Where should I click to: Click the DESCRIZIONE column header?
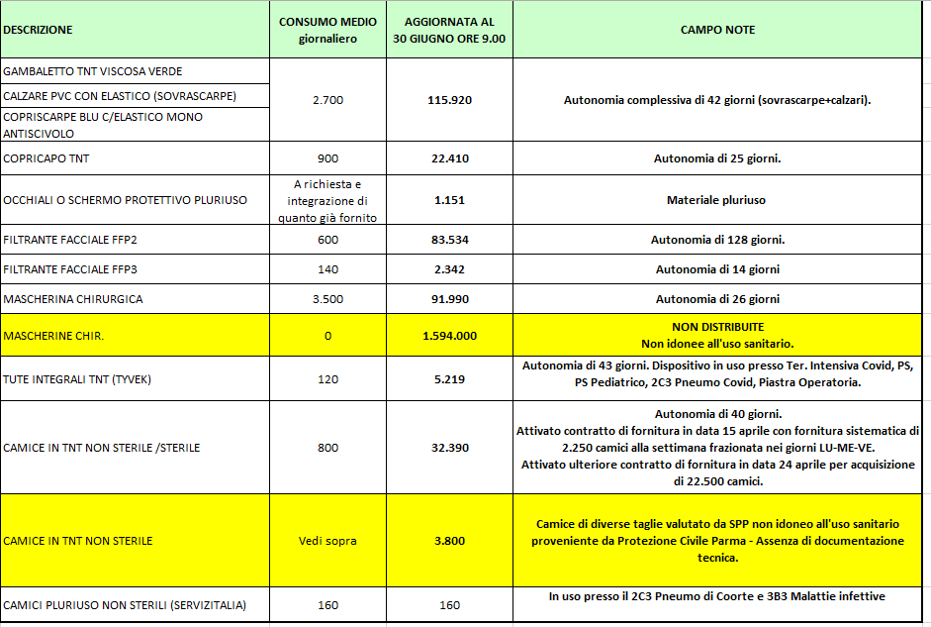[x=38, y=30]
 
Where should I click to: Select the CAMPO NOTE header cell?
[x=717, y=30]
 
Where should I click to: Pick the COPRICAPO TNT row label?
[x=47, y=158]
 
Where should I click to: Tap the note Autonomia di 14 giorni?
[x=717, y=269]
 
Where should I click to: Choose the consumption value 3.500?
[x=327, y=299]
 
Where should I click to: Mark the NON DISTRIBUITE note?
[x=717, y=327]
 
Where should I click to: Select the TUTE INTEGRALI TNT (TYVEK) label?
[x=77, y=379]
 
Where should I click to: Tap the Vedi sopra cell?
[x=327, y=541]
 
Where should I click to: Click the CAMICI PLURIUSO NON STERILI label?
[x=125, y=605]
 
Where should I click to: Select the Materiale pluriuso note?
[x=717, y=200]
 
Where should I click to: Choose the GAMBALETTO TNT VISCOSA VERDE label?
[x=93, y=71]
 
